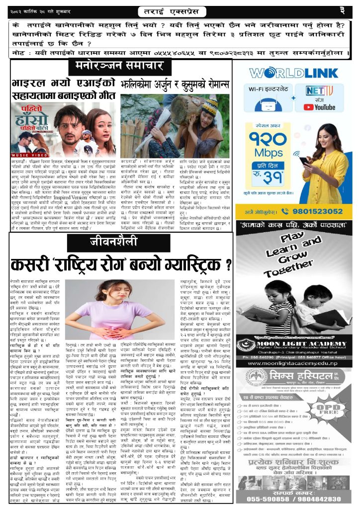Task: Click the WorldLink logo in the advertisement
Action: click(x=293, y=73)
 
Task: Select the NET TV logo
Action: click(x=319, y=91)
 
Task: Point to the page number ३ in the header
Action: click(x=342, y=10)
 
